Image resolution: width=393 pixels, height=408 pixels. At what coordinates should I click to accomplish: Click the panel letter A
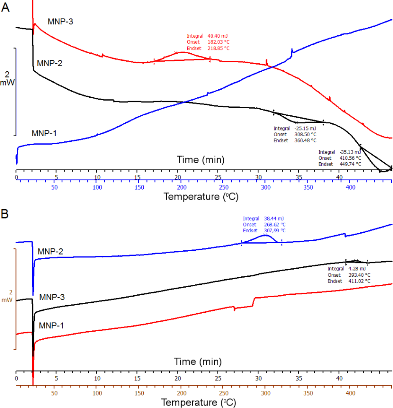point(6,8)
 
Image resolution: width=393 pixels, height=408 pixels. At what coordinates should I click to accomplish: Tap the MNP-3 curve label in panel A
point(61,21)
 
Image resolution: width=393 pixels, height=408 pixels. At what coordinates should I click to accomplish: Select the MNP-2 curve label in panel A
point(49,63)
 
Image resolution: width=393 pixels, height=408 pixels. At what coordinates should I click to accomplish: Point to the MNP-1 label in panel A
point(44,133)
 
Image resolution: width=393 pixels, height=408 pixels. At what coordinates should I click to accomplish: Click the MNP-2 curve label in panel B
point(51,251)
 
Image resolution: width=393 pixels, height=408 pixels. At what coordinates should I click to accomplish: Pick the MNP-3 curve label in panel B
point(52,297)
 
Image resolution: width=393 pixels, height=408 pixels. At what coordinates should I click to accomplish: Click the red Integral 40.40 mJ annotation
point(207,36)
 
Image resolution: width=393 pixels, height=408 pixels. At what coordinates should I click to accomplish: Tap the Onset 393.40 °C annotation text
point(349,275)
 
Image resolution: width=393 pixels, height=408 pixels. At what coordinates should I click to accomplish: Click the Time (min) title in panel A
point(200,159)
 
